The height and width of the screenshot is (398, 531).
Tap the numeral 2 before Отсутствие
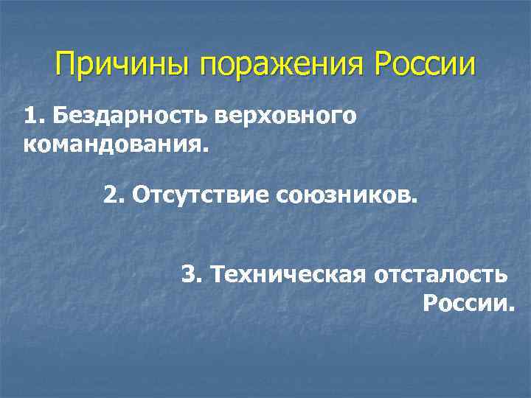pyautogui.click(x=109, y=196)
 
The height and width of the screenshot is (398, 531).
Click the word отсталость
pyautogui.click(x=440, y=275)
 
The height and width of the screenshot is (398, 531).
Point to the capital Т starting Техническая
pyautogui.click(x=216, y=275)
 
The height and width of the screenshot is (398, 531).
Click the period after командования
pyautogui.click(x=206, y=147)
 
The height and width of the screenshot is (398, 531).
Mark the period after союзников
pyautogui.click(x=414, y=201)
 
